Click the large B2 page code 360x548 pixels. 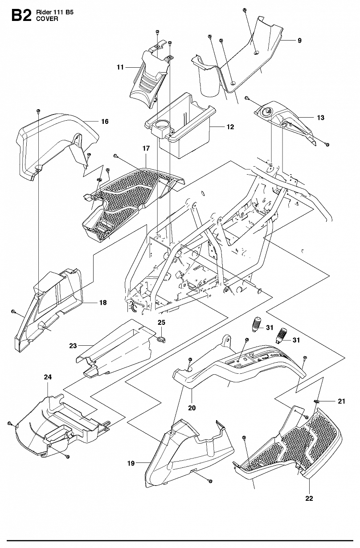pyautogui.click(x=21, y=16)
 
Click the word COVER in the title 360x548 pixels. pyautogui.click(x=47, y=19)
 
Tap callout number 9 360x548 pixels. pyautogui.click(x=299, y=41)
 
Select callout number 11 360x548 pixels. pyautogui.click(x=120, y=67)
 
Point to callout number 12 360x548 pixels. pyautogui.click(x=230, y=127)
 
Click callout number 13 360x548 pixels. pyautogui.click(x=321, y=118)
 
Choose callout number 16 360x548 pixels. pyautogui.click(x=105, y=121)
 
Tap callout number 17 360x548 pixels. pyautogui.click(x=146, y=148)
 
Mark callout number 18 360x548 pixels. pyautogui.click(x=103, y=303)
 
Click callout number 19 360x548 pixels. pyautogui.click(x=131, y=463)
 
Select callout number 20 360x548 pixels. pyautogui.click(x=192, y=408)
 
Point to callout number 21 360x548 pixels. pyautogui.click(x=341, y=401)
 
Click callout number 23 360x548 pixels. pyautogui.click(x=73, y=346)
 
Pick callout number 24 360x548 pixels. pyautogui.click(x=48, y=377)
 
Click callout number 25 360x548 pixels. pyautogui.click(x=162, y=323)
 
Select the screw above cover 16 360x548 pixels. pyautogui.click(x=38, y=111)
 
